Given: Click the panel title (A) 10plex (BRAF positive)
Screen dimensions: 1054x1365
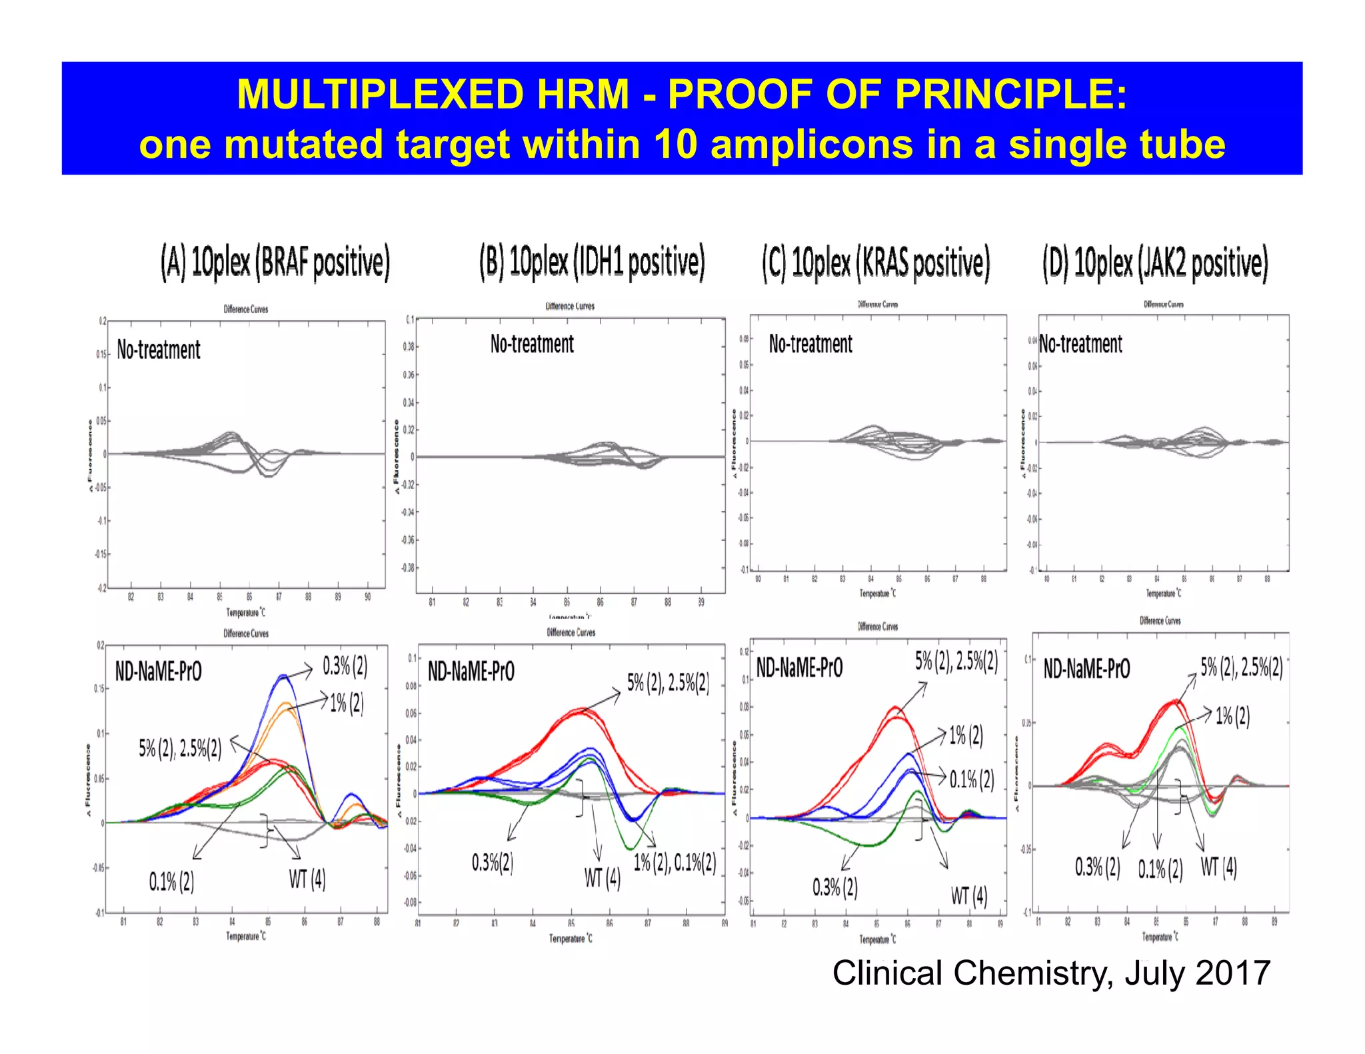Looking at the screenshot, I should click(x=275, y=263).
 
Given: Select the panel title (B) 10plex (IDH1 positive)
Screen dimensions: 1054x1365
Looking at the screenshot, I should click(x=592, y=261).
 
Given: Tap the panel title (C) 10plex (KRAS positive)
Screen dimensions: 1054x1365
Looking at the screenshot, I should click(x=876, y=263).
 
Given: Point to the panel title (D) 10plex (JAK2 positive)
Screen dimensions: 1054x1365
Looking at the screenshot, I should click(x=1155, y=263).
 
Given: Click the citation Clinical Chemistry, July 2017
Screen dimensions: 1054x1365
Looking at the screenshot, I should click(x=1051, y=973).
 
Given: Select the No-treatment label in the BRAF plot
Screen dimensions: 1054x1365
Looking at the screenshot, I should click(x=159, y=350).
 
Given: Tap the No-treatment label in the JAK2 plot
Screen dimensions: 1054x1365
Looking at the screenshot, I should click(x=1080, y=344).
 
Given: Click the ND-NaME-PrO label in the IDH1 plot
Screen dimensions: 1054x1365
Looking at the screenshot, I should click(x=471, y=672).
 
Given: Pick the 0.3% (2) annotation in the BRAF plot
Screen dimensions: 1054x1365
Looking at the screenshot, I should click(x=345, y=666).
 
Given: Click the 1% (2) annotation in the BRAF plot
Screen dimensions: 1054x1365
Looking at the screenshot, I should click(x=347, y=702).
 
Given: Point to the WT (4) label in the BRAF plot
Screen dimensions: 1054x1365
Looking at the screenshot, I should click(x=307, y=879).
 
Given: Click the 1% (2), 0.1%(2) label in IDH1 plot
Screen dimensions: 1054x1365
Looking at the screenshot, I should click(x=675, y=862).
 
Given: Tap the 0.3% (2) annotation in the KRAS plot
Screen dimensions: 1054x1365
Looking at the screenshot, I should click(x=834, y=887).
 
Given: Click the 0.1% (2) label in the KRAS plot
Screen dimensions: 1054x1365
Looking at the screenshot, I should click(x=972, y=779).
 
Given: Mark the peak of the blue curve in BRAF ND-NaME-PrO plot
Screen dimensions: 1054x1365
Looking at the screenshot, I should click(x=283, y=676).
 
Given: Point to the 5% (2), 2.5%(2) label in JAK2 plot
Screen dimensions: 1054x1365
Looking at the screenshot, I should click(x=1241, y=667).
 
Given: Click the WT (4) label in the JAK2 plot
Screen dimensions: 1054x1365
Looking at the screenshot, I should click(x=1218, y=867).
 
